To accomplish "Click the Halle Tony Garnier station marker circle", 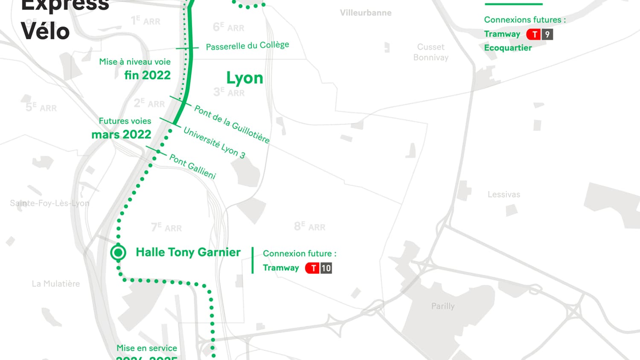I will tap(118, 253).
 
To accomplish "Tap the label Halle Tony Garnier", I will tap(188, 253).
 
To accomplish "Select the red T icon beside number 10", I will tap(313, 268).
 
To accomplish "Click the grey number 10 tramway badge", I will tap(326, 268).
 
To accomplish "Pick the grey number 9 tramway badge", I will tap(547, 34).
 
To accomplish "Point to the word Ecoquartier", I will tap(508, 48).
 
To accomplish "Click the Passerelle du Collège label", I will tap(247, 46).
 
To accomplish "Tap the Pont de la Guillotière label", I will tap(232, 124).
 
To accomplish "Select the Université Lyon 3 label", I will tap(214, 143).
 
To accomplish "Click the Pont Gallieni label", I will tap(193, 166).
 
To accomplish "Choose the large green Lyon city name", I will tap(244, 78).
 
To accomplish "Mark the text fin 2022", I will tap(147, 75).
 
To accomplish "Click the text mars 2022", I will tap(121, 134).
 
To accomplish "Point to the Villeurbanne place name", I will tap(366, 13).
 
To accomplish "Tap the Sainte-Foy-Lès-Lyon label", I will tap(49, 203).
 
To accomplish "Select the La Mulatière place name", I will tap(55, 284).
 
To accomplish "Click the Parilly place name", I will tap(443, 306).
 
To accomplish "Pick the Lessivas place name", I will tap(504, 195).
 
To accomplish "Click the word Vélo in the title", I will tap(45, 32).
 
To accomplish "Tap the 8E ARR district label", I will tap(309, 226).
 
